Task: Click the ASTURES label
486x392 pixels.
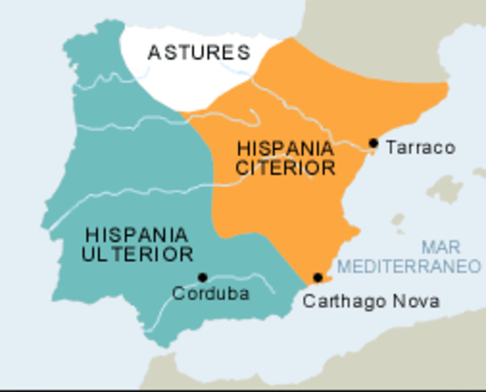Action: coord(198,54)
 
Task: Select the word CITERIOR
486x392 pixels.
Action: coord(286,168)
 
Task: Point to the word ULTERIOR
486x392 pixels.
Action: coord(137,254)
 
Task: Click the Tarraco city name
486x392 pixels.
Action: coord(420,148)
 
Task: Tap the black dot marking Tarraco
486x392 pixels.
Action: coord(373,143)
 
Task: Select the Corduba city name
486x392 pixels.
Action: coord(211,294)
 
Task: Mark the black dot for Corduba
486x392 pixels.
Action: coord(203,278)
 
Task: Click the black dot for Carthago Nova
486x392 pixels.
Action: coord(318,278)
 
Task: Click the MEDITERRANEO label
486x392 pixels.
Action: coord(409,266)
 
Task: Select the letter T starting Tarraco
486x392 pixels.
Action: coord(390,148)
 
